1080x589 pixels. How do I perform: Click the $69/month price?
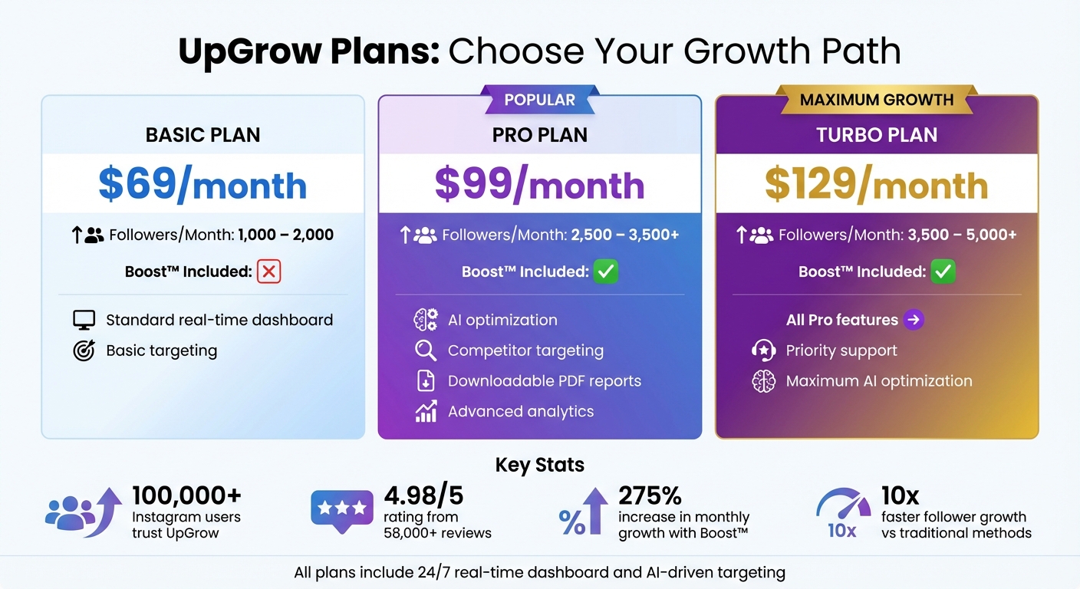pos(202,185)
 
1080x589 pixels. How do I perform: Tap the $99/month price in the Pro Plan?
pos(539,185)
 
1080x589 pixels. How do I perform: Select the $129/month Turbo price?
pos(876,185)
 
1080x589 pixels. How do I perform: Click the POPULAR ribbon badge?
pos(539,100)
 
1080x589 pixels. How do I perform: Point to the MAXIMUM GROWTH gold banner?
pos(876,100)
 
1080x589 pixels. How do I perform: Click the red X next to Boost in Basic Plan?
pos(268,271)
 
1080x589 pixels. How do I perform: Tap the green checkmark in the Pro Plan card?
pos(605,271)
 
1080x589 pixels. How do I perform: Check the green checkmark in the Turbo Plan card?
pos(943,271)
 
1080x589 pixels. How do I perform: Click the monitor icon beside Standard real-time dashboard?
pos(84,320)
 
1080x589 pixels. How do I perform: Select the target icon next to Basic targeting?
pos(84,350)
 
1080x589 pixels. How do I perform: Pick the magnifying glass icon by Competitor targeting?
pos(425,350)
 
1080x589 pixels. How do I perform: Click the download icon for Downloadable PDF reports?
pos(425,381)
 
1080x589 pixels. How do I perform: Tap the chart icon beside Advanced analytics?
pos(426,412)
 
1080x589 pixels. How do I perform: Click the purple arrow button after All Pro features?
pos(913,320)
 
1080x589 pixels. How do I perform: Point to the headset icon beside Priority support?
pos(763,350)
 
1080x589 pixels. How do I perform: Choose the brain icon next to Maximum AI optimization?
pos(763,381)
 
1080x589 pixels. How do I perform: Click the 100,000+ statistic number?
pos(186,495)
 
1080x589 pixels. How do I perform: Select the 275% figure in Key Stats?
pos(650,495)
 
